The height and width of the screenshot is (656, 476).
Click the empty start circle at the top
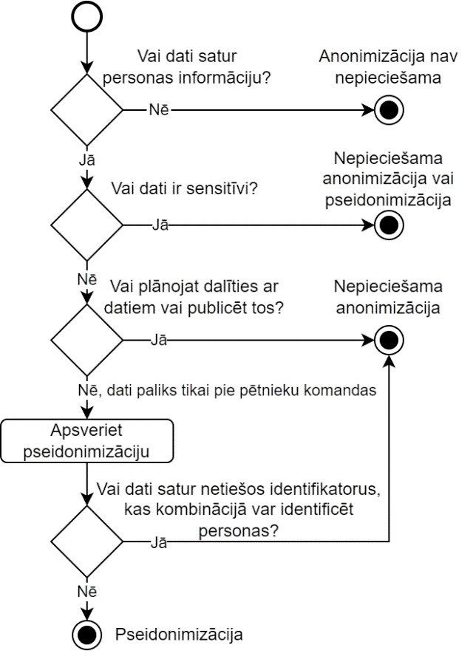[x=87, y=16]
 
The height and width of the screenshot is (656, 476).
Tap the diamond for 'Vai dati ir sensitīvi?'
[x=87, y=224]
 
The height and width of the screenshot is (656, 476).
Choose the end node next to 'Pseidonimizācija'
[x=87, y=633]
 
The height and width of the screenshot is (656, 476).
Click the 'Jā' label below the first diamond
[x=87, y=158]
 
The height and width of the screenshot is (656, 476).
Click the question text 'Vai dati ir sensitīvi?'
[x=183, y=188]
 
